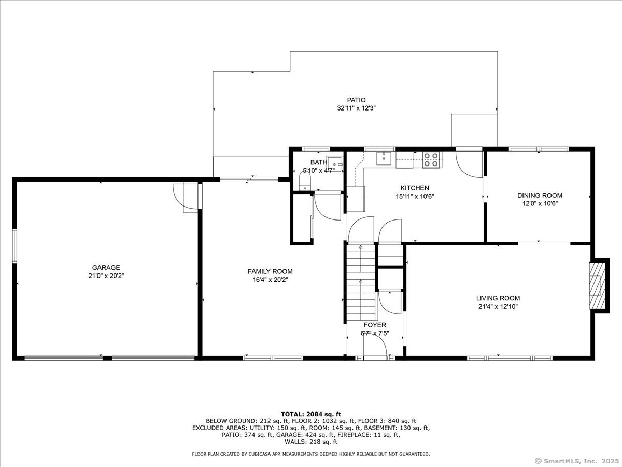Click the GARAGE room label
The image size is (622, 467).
point(106,267)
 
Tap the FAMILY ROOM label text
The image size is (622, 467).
point(270,271)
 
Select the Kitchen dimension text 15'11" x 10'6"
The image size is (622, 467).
point(415,196)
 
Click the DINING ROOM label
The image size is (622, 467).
point(540,195)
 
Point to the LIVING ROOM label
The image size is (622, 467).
point(498,298)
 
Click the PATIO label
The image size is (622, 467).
point(356,100)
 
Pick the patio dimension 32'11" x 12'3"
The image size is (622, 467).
point(356,108)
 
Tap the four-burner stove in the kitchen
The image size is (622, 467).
point(431,159)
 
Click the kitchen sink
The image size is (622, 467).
point(384,158)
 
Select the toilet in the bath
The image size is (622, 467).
point(305,181)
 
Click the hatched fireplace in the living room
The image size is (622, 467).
point(597,286)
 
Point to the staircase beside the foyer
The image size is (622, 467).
point(361,282)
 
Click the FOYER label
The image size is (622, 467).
point(375,325)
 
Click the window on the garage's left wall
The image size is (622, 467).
point(15,246)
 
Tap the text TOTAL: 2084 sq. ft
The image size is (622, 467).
point(311,414)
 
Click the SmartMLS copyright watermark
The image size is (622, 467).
point(577,460)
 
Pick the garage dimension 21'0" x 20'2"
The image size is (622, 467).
point(106,276)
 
